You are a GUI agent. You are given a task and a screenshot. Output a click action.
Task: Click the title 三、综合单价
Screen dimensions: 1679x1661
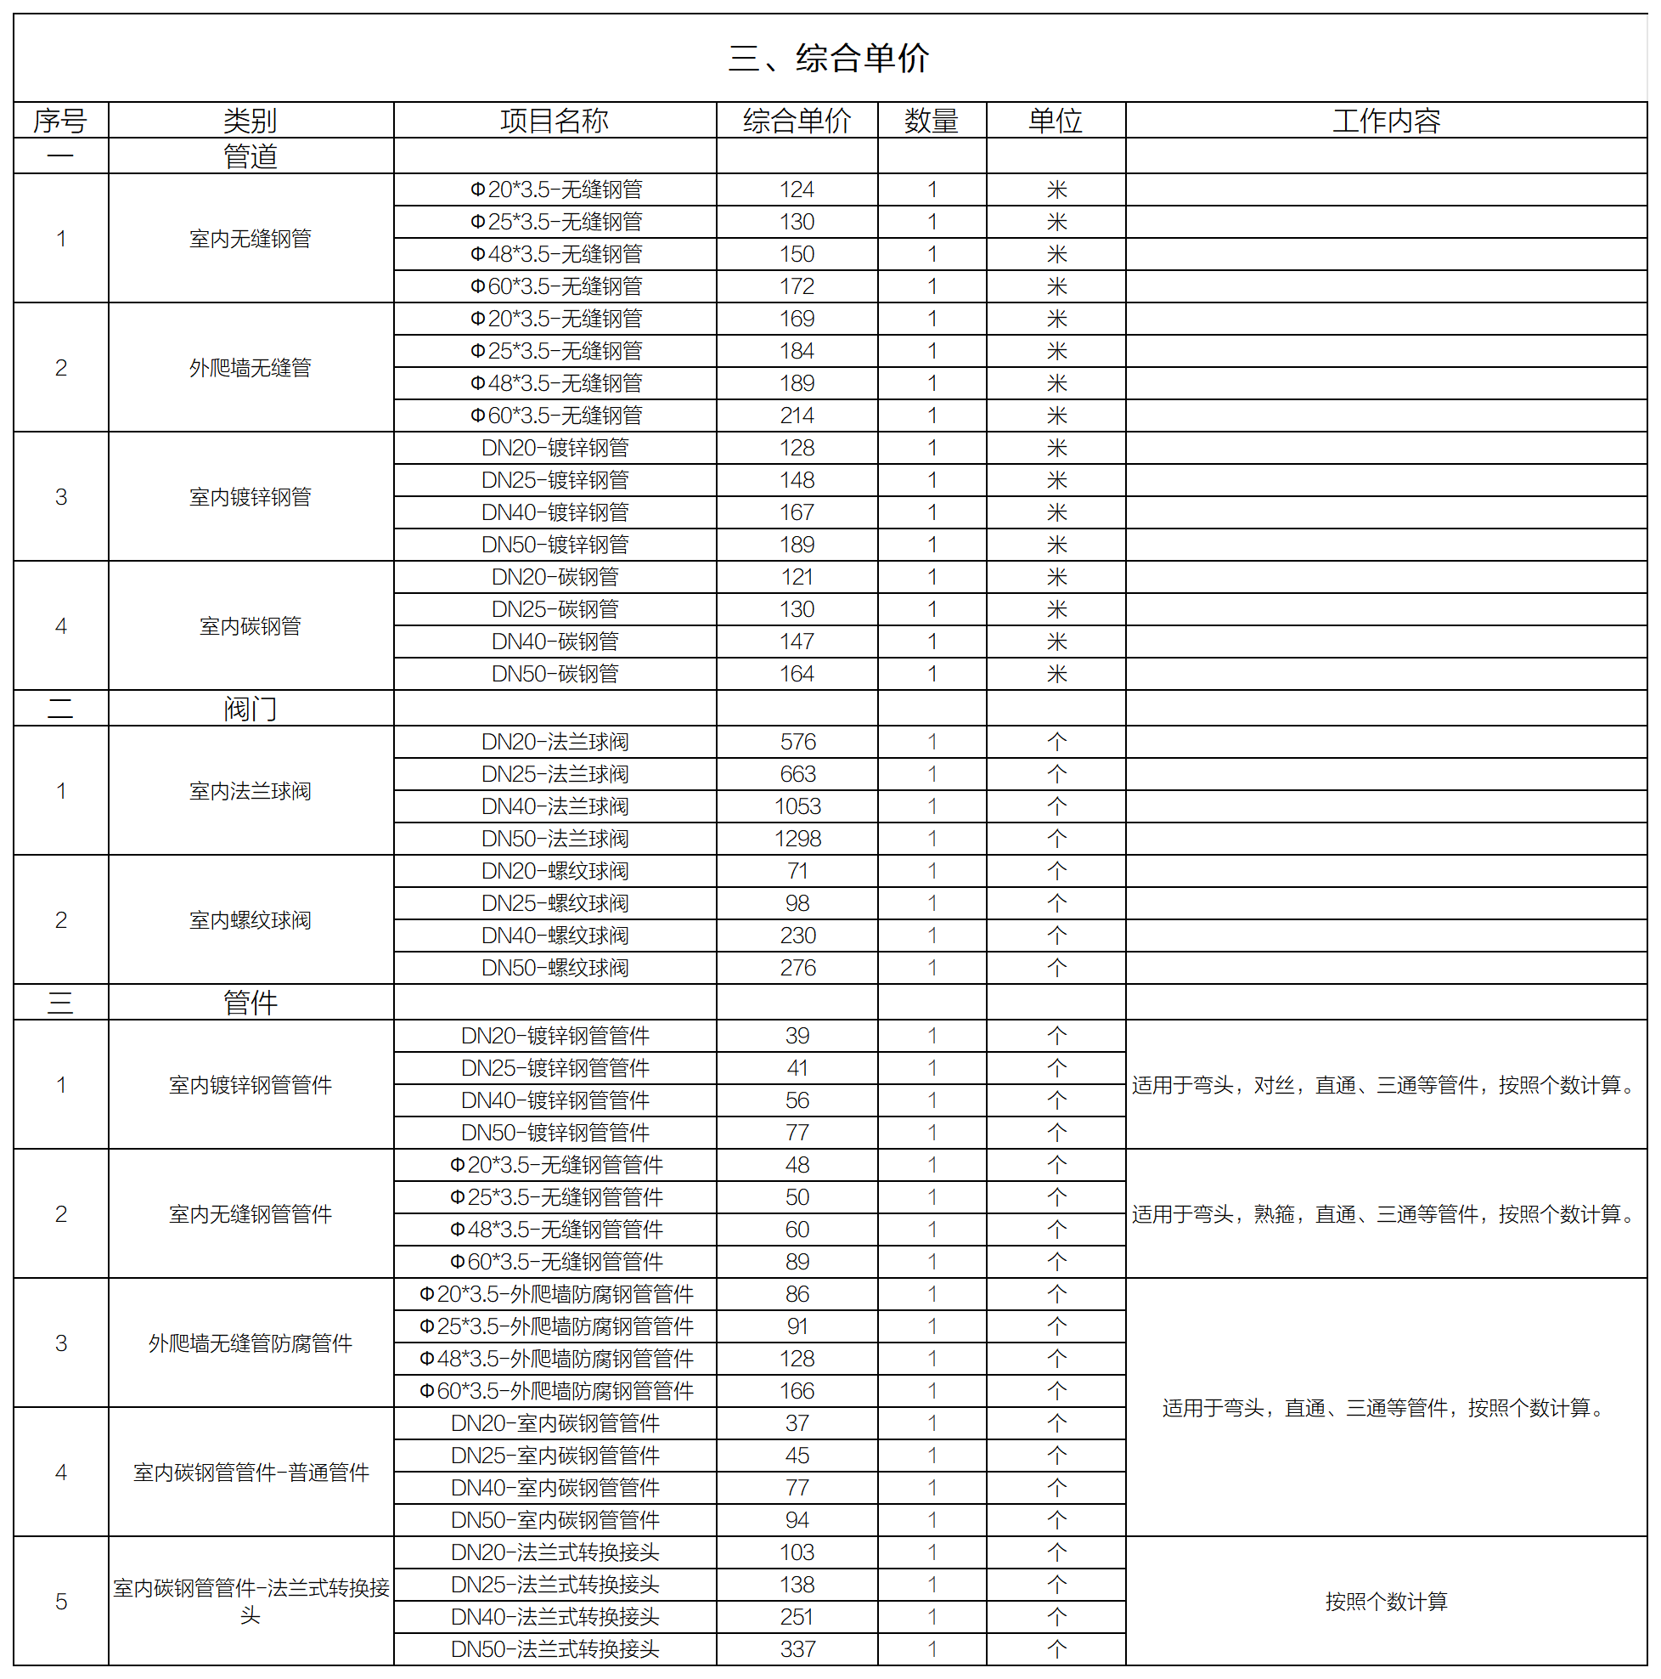829,59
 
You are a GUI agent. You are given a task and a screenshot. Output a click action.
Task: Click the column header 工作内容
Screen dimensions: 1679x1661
1386,121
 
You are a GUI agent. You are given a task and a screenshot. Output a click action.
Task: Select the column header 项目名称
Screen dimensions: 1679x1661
555,121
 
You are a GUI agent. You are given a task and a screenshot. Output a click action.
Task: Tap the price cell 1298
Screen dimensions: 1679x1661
797,839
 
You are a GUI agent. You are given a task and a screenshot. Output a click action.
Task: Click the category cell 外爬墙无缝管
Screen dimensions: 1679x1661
251,368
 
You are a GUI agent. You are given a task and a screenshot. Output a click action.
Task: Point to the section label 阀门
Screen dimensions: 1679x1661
251,709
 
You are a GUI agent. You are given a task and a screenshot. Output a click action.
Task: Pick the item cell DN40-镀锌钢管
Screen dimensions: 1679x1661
555,512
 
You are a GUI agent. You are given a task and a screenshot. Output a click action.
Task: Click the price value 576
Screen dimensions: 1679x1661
797,742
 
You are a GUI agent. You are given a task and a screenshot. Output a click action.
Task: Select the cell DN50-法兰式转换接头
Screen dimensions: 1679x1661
555,1649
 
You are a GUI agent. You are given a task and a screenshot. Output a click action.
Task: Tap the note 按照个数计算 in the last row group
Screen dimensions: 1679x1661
1386,1602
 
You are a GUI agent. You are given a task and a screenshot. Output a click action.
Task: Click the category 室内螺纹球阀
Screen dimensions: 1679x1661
251,920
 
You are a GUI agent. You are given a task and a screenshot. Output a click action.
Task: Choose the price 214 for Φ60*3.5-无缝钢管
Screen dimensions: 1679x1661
797,416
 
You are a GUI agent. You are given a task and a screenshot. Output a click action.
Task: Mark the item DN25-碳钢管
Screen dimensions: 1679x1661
555,609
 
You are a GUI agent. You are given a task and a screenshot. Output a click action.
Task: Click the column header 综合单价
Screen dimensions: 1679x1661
797,121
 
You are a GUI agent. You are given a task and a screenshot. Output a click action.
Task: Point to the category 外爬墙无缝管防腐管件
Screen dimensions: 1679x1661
251,1343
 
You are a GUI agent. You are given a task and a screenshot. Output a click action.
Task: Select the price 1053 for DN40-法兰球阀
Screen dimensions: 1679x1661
797,806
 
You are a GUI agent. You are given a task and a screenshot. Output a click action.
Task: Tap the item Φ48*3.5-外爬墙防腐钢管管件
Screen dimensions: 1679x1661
556,1360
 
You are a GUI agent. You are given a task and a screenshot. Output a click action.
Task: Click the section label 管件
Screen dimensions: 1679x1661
251,1003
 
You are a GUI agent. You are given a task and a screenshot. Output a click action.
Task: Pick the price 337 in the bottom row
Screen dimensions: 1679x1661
797,1649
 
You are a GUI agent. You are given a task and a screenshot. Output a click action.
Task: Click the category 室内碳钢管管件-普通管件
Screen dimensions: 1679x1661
251,1473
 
